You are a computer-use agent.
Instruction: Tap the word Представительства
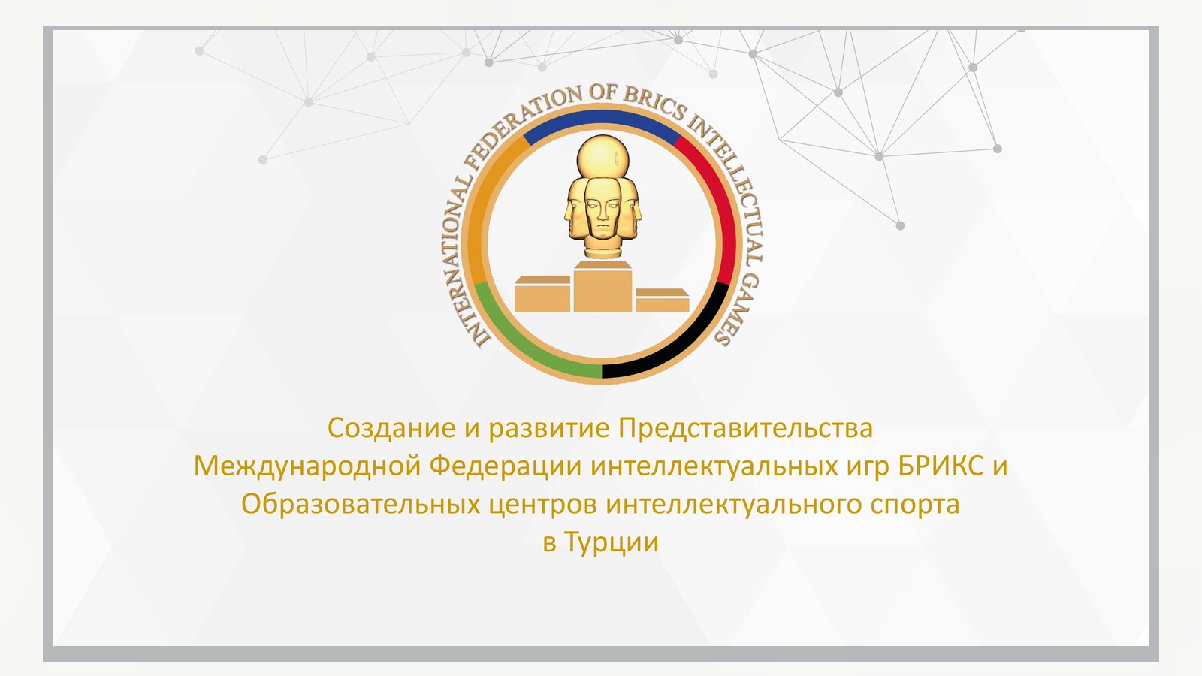pos(746,429)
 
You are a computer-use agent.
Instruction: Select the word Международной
pos(307,466)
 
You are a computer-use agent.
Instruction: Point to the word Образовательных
pos(361,504)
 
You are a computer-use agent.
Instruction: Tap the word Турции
pos(612,543)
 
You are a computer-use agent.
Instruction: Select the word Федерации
pos(506,466)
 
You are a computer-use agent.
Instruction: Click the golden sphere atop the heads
pos(602,157)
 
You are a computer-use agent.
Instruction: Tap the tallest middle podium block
pos(603,286)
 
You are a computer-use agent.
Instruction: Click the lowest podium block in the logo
pos(663,300)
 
